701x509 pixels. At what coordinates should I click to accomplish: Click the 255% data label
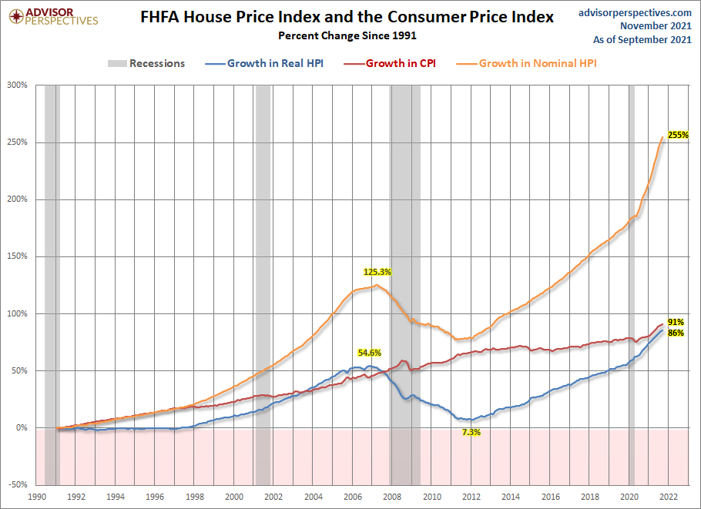click(678, 135)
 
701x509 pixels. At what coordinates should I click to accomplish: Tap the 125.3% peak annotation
click(377, 272)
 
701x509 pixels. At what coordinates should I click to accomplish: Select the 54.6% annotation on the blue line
click(369, 353)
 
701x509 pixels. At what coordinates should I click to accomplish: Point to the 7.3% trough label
click(471, 432)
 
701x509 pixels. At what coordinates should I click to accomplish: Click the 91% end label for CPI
click(676, 322)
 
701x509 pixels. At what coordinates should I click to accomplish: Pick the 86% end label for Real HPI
click(676, 333)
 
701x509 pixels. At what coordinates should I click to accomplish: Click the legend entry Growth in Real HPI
click(264, 63)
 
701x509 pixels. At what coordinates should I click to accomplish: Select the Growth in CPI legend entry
click(390, 63)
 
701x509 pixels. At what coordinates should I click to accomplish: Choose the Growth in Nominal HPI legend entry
click(527, 63)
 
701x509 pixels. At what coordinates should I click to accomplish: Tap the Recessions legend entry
click(146, 63)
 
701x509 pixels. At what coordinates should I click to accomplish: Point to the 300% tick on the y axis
click(17, 85)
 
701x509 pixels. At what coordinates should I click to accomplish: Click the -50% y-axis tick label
click(18, 484)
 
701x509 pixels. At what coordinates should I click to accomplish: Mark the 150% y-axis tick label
click(17, 256)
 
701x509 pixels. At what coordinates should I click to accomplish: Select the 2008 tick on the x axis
click(392, 497)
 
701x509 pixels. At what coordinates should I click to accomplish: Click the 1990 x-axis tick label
click(37, 497)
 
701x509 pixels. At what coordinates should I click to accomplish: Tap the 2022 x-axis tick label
click(669, 497)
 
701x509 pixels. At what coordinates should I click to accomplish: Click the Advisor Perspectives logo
click(53, 17)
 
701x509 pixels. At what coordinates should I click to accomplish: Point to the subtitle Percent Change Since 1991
click(347, 35)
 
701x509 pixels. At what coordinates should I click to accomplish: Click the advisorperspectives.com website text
click(635, 12)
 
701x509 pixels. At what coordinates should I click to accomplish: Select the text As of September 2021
click(642, 40)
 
